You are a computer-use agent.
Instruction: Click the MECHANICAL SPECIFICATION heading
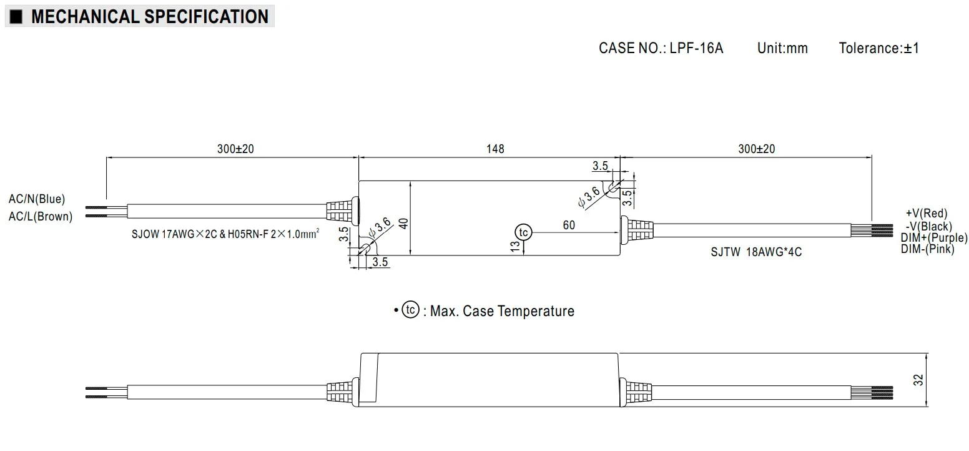pos(149,16)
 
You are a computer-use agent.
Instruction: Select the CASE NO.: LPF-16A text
pos(661,48)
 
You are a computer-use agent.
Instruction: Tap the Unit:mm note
pos(782,48)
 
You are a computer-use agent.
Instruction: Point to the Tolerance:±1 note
pos(878,48)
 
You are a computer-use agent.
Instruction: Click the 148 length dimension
pos(494,149)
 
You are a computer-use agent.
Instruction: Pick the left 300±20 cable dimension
pos(235,149)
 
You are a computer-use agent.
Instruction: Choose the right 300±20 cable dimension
pos(756,149)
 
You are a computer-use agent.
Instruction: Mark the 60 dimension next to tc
pos(569,225)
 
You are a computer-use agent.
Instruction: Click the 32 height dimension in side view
pos(918,380)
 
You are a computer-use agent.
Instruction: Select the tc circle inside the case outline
pos(523,232)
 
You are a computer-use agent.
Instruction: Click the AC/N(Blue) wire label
pos(37,199)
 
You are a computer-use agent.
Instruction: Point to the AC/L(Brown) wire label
pos(40,217)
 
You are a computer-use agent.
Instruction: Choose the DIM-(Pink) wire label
pos(927,249)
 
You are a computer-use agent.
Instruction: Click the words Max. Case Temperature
pos(502,311)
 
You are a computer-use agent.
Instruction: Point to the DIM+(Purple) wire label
pos(933,238)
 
